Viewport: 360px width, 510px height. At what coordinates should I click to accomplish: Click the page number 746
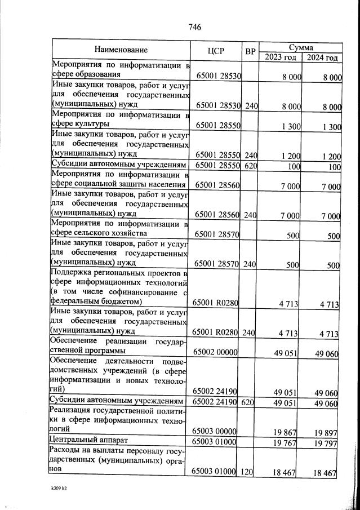coord(194,27)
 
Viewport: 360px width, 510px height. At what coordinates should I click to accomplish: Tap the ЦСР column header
coord(216,51)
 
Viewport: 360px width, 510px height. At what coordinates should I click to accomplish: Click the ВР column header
coord(250,51)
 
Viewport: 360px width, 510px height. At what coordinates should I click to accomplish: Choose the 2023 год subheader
coord(281,57)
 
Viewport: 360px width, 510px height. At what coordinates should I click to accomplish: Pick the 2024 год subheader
coord(322,57)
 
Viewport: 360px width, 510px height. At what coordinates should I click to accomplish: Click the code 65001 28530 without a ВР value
coord(218,75)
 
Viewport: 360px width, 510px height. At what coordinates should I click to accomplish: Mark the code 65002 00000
coord(217,352)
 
